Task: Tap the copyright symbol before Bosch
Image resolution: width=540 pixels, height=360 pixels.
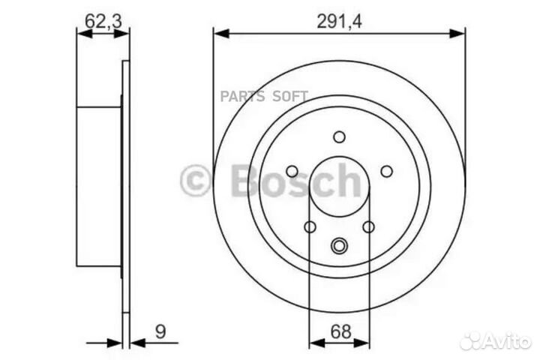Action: [196, 181]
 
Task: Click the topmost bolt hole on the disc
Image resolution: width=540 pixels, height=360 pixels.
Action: [339, 136]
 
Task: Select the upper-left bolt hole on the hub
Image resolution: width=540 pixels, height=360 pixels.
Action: [292, 171]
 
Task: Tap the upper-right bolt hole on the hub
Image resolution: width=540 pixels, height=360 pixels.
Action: [386, 171]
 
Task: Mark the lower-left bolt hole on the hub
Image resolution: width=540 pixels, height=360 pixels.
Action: [310, 226]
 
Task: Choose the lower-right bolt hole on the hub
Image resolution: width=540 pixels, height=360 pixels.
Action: [368, 226]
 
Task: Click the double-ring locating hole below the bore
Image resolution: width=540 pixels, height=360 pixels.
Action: [339, 244]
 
